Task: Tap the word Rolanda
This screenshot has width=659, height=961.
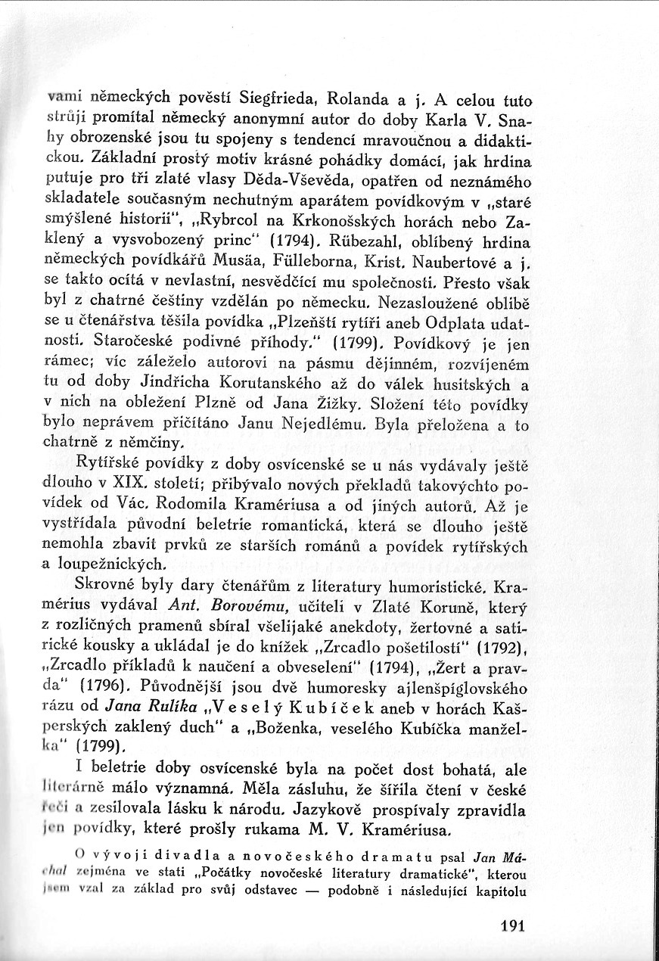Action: coord(362,98)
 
